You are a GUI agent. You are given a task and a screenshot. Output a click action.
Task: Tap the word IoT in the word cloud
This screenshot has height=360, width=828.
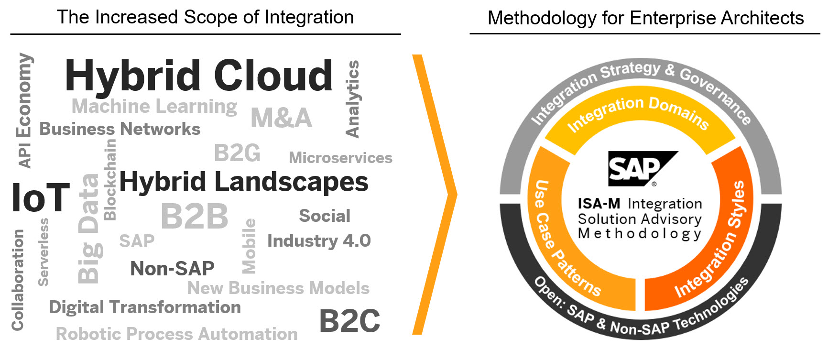pyautogui.click(x=41, y=198)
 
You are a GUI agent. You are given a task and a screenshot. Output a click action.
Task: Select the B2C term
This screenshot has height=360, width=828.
pyautogui.click(x=349, y=321)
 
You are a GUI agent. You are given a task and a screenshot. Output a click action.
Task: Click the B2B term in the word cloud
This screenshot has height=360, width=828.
pyautogui.click(x=195, y=217)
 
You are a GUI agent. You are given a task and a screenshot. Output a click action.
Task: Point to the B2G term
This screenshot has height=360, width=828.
pyautogui.click(x=237, y=153)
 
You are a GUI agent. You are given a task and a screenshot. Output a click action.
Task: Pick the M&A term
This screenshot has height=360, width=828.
pyautogui.click(x=281, y=118)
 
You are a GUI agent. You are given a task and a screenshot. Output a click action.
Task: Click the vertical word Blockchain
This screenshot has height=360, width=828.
pyautogui.click(x=110, y=179)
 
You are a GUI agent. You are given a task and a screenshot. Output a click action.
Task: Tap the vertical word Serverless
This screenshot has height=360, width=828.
pyautogui.click(x=44, y=252)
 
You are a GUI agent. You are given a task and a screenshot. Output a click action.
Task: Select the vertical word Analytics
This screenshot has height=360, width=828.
pyautogui.click(x=353, y=99)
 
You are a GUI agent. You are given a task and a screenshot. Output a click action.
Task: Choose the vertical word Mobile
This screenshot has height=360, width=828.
pyautogui.click(x=249, y=246)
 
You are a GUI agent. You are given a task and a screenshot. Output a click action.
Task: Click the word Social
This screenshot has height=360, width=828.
pyautogui.click(x=325, y=216)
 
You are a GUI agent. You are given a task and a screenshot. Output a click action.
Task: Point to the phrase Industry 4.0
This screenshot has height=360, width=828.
pyautogui.click(x=319, y=241)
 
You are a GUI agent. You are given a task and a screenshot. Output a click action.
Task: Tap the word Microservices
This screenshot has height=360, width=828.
pyautogui.click(x=340, y=158)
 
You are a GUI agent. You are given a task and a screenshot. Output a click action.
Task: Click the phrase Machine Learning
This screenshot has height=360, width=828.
pyautogui.click(x=154, y=106)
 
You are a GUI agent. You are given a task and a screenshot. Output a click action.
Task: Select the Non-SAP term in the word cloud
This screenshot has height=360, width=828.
pyautogui.click(x=172, y=269)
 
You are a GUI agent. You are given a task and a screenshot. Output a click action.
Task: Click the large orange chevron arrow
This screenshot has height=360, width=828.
pyautogui.click(x=435, y=194)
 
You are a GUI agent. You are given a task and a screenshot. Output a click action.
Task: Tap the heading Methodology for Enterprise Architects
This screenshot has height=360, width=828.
pyautogui.click(x=645, y=18)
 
